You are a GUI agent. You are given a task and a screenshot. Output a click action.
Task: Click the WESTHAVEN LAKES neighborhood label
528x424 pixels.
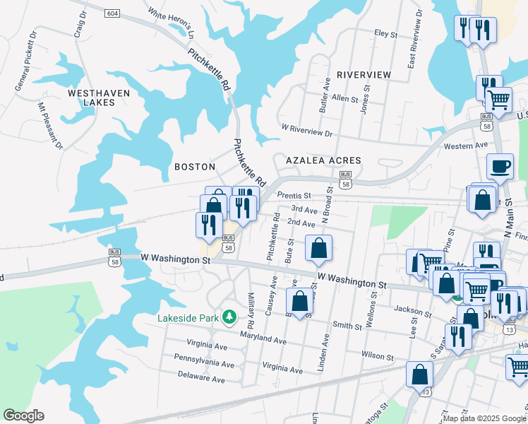click(x=91, y=98)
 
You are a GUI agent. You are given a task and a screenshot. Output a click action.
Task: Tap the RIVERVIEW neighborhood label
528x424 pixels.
click(x=364, y=74)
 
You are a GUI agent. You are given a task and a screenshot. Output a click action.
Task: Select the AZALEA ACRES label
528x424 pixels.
click(x=323, y=160)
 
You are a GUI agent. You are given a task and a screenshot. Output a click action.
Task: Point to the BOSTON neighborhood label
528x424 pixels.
click(x=194, y=167)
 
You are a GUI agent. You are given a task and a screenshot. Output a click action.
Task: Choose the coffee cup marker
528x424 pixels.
click(x=500, y=168)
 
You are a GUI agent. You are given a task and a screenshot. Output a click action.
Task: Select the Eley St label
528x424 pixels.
click(x=386, y=33)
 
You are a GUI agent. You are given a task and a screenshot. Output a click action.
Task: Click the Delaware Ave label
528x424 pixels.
click(x=200, y=379)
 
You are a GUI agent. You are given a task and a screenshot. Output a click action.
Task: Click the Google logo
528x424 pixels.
click(x=23, y=416)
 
